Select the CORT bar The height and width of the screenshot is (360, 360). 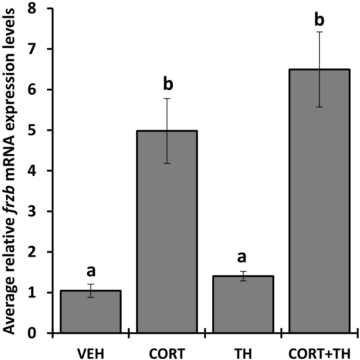167,232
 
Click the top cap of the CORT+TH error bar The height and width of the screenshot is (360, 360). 319,32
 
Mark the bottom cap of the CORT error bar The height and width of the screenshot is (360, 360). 167,163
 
